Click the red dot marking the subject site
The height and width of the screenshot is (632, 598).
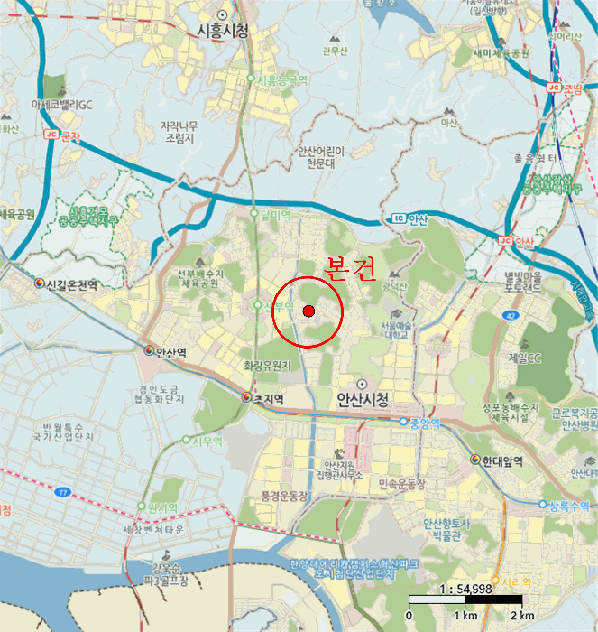click(x=308, y=311)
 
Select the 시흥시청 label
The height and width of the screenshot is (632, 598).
click(x=222, y=30)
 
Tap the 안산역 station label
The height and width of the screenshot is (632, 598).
click(x=170, y=352)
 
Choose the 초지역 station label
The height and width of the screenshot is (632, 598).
click(x=268, y=398)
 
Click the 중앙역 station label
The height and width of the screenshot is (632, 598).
click(x=424, y=422)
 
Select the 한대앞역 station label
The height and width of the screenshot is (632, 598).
click(x=502, y=460)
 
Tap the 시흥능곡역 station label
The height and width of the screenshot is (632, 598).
click(x=282, y=80)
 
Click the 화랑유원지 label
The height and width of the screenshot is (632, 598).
click(x=268, y=366)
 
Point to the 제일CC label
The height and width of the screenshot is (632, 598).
click(x=524, y=358)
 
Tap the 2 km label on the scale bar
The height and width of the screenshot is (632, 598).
click(x=521, y=616)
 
